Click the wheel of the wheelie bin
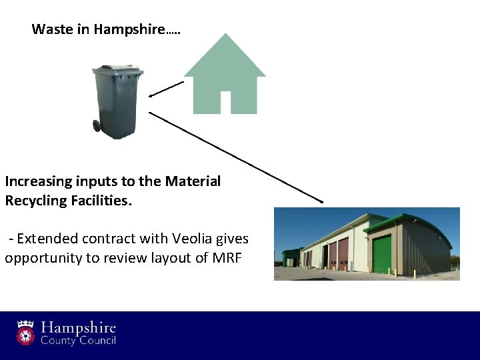tap(97, 125)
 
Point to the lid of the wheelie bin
tap(117, 69)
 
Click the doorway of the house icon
tap(225, 102)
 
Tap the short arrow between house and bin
tap(166, 89)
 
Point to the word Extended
tap(43, 239)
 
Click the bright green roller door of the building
tap(382, 254)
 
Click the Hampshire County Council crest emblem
tap(26, 332)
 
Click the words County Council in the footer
tap(79, 341)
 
